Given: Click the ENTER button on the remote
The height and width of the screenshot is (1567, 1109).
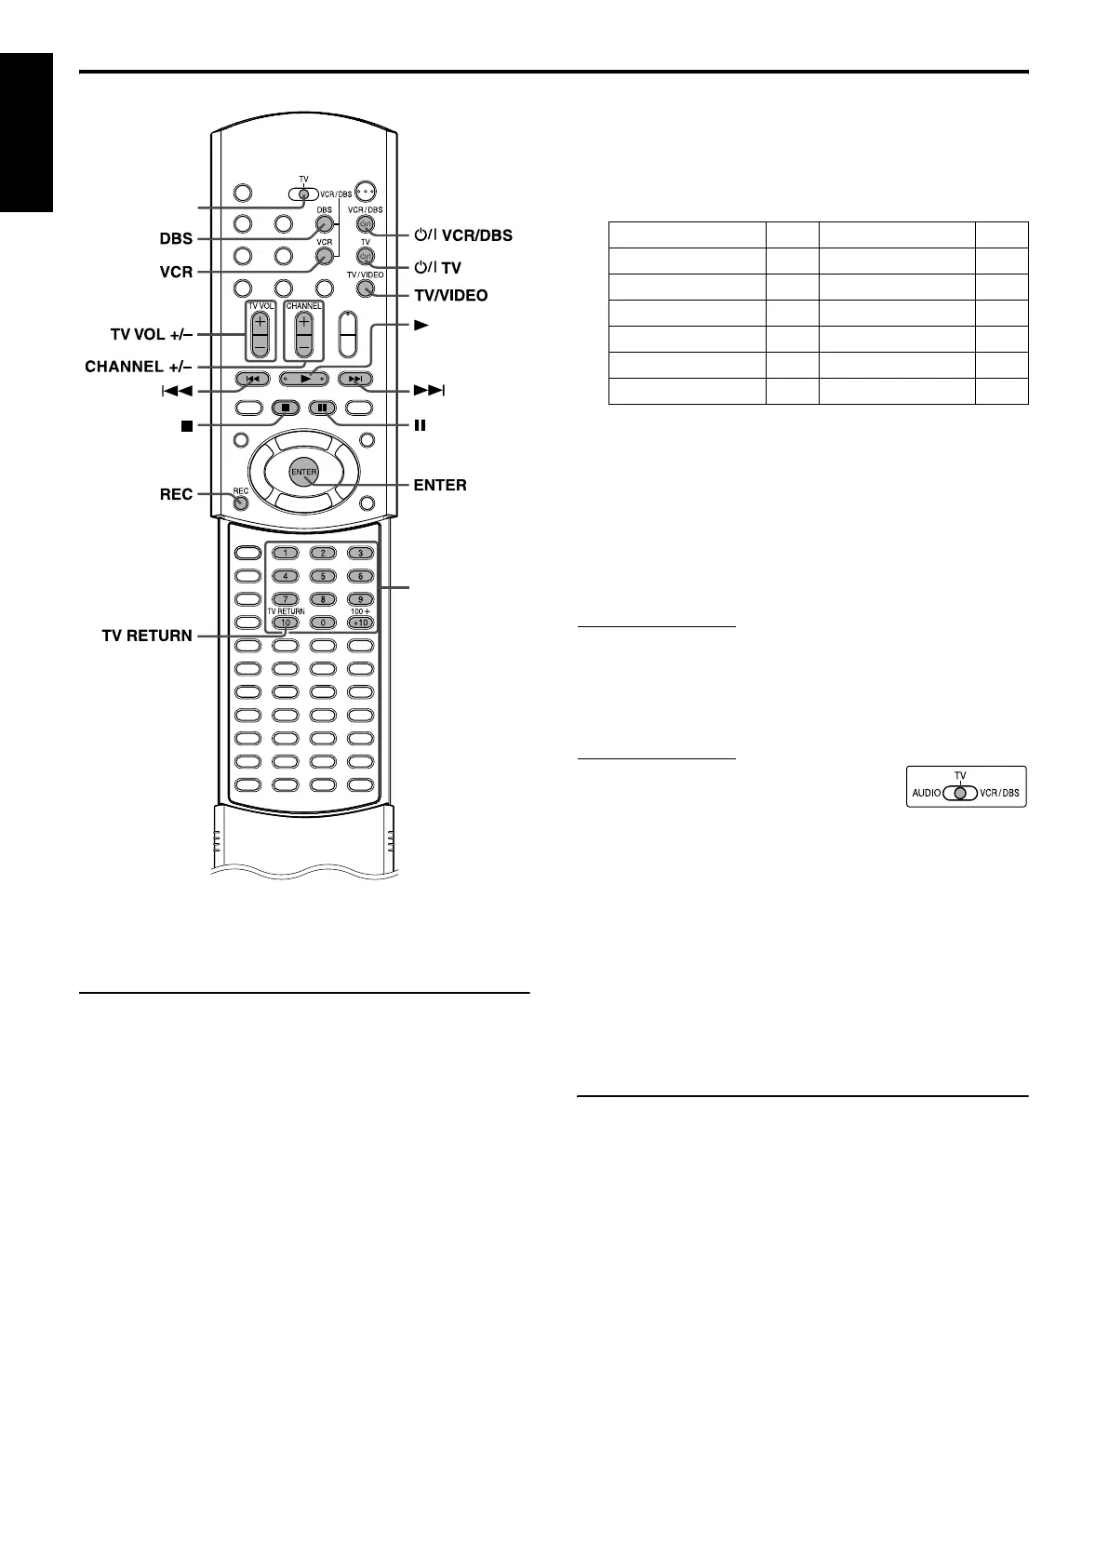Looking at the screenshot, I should coord(304,472).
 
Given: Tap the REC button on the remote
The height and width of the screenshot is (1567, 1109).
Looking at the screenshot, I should coord(241,503).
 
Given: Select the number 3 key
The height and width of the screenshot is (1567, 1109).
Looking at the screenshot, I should coord(360,553).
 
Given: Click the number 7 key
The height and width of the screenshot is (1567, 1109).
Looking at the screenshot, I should coord(286,598).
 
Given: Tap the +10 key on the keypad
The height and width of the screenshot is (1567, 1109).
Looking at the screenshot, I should coord(360,622).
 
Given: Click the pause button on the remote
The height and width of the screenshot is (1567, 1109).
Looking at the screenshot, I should coord(323,407).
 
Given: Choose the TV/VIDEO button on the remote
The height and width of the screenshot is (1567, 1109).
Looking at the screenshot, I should coord(365,288).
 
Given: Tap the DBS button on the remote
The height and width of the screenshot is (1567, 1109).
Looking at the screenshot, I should coord(324,223).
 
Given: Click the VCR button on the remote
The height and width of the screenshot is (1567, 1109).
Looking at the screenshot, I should coord(324,255).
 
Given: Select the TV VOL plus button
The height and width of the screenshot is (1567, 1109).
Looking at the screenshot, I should coord(259,324).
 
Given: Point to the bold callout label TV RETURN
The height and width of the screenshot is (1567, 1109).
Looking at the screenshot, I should coord(147,636).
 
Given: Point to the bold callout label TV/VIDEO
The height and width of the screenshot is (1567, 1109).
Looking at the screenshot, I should coord(450,295).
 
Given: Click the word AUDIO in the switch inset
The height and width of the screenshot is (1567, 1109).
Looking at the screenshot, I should coord(927,794).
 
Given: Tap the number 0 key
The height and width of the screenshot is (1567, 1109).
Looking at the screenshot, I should coord(323,622).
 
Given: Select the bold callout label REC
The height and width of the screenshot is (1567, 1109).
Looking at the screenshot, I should coord(176,494).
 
